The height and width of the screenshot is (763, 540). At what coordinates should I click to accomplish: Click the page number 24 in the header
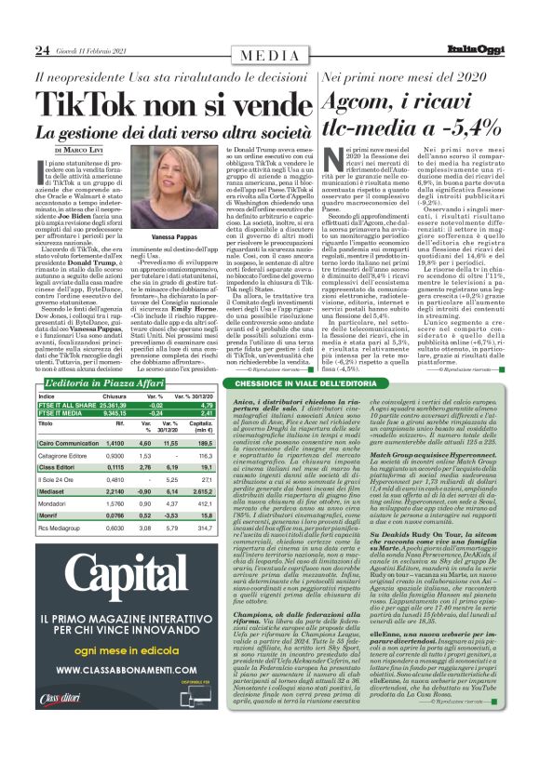42,49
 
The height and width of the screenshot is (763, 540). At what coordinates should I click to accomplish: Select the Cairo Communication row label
69,444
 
